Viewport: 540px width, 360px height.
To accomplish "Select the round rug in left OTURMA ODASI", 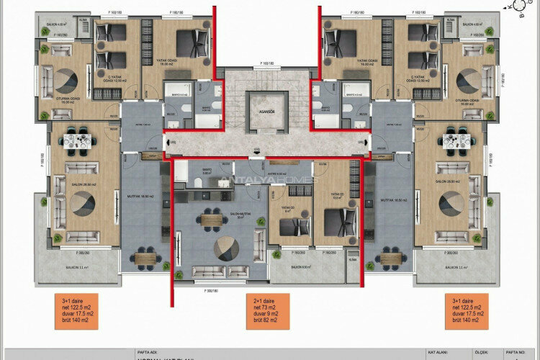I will (69, 80).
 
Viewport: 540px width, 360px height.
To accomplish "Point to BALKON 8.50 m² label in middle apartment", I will (300, 267).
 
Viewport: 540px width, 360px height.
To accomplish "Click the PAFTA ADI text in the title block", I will (146, 353).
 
